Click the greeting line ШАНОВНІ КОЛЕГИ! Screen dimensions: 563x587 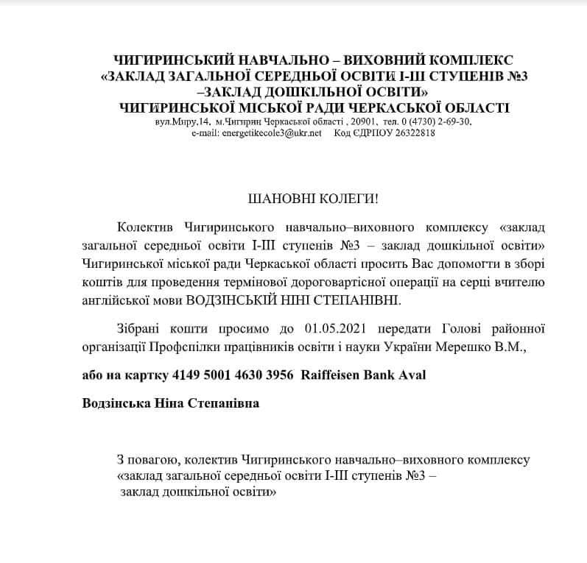(293, 200)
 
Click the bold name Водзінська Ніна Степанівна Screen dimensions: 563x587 (171, 403)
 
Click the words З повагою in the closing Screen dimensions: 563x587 (147, 460)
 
